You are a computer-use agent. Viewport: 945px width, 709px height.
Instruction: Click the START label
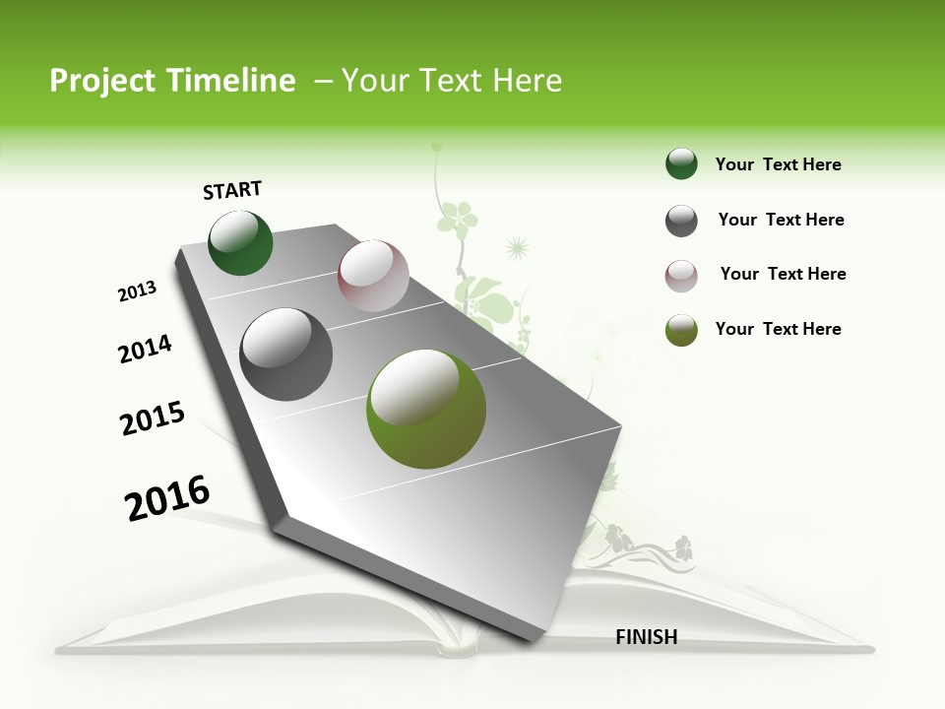232,190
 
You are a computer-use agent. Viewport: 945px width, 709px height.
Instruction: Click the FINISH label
646,637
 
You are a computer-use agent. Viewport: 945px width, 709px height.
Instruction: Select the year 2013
137,291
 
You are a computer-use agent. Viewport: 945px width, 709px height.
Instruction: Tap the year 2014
145,349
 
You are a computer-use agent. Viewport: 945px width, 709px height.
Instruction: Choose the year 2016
166,497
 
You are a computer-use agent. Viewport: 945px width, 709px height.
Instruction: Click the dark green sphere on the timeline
240,242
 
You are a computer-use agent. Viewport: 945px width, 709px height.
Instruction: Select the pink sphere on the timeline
373,276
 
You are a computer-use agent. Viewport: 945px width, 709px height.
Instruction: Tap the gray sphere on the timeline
286,354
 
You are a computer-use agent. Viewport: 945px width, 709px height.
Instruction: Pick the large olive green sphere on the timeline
425,409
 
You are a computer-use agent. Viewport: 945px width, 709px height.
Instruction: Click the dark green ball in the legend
681,163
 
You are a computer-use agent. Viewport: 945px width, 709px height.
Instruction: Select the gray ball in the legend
681,221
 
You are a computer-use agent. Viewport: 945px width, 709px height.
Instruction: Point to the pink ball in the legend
681,276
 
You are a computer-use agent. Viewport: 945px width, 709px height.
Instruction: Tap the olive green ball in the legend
681,330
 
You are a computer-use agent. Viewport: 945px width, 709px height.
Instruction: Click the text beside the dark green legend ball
778,164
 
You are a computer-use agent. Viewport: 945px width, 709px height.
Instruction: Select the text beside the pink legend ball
783,274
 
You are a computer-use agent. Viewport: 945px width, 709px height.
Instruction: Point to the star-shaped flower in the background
516,246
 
